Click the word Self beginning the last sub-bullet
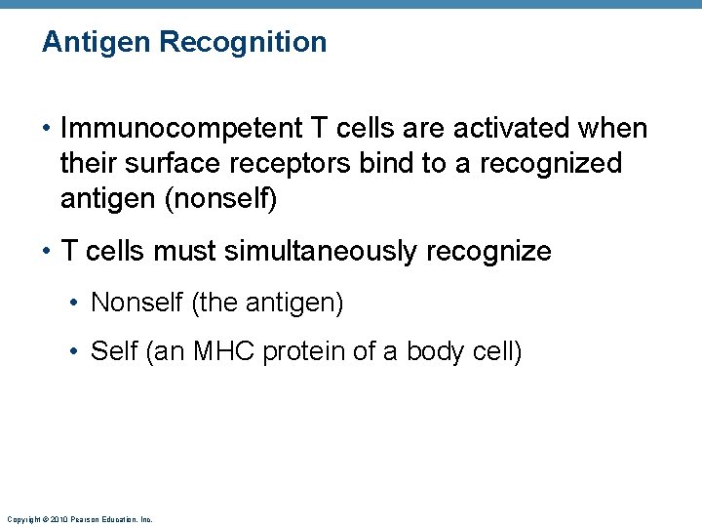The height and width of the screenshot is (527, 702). point(113,350)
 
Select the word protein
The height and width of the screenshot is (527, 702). point(304,350)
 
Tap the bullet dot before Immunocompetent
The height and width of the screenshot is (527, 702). point(48,130)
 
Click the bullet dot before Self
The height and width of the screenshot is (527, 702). point(77,351)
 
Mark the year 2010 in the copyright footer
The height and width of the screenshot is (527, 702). point(58,520)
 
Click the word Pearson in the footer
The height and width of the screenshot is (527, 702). point(86,520)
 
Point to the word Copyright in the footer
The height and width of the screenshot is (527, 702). point(21,520)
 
